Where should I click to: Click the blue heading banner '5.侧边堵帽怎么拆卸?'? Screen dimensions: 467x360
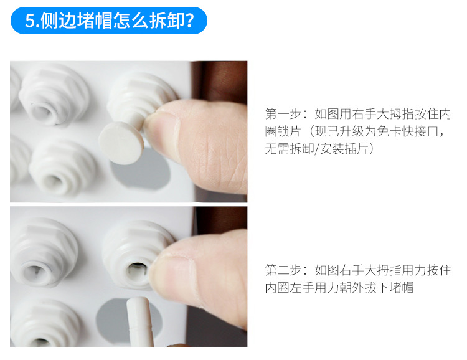(x=109, y=21)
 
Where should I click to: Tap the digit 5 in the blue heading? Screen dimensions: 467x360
(x=30, y=21)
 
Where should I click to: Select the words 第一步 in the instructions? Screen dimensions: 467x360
(x=283, y=114)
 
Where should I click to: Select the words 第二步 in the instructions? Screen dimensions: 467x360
(x=283, y=270)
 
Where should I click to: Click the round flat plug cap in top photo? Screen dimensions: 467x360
(x=121, y=143)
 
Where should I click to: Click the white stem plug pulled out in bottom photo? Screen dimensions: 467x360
(x=139, y=322)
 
